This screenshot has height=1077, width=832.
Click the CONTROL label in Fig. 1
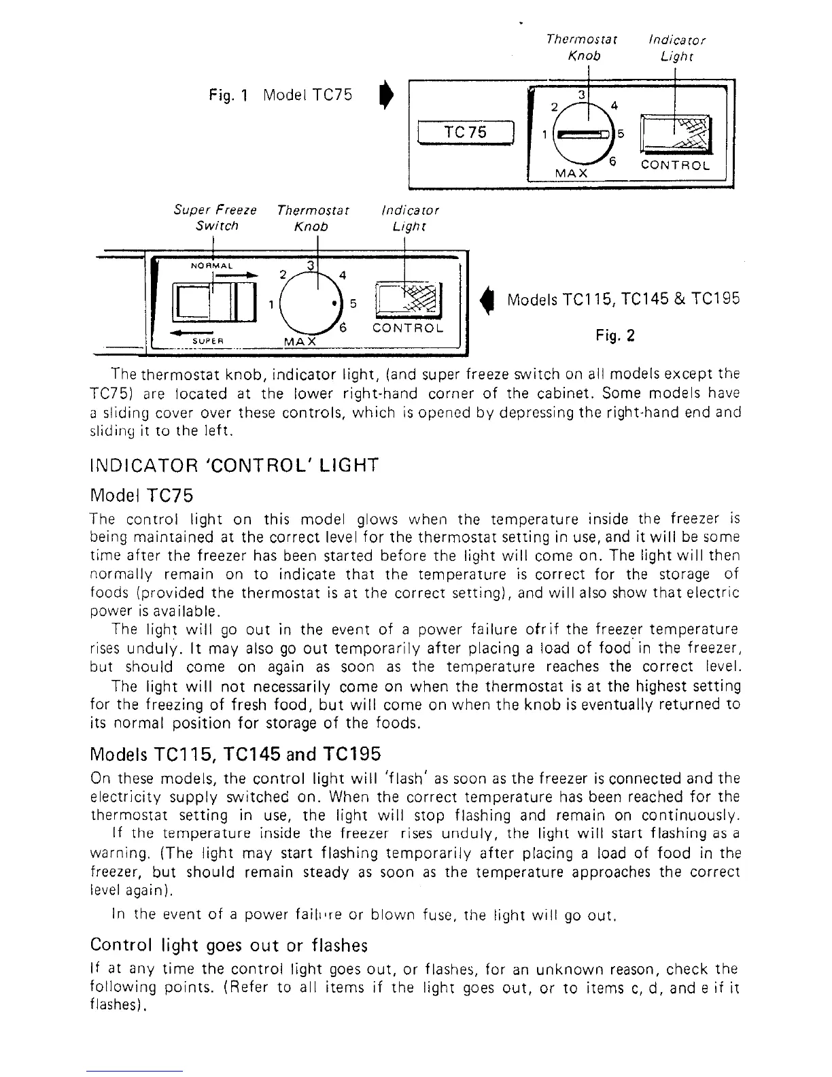[676, 165]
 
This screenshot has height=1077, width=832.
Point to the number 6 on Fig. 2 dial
[344, 327]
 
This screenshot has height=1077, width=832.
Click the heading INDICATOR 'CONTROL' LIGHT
[234, 466]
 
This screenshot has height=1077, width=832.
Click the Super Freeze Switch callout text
[215, 218]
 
